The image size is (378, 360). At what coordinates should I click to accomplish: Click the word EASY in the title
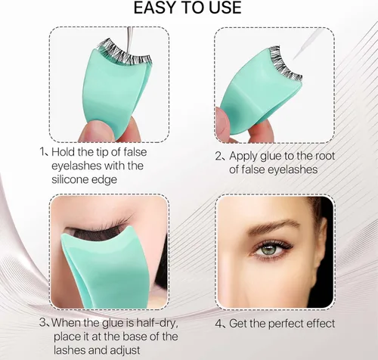(155, 8)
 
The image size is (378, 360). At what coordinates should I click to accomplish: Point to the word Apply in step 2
(243, 157)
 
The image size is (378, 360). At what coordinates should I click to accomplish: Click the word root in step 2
(325, 156)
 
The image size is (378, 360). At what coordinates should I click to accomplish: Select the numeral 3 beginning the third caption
(43, 323)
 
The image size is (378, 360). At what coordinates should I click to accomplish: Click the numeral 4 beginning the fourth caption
(218, 324)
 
